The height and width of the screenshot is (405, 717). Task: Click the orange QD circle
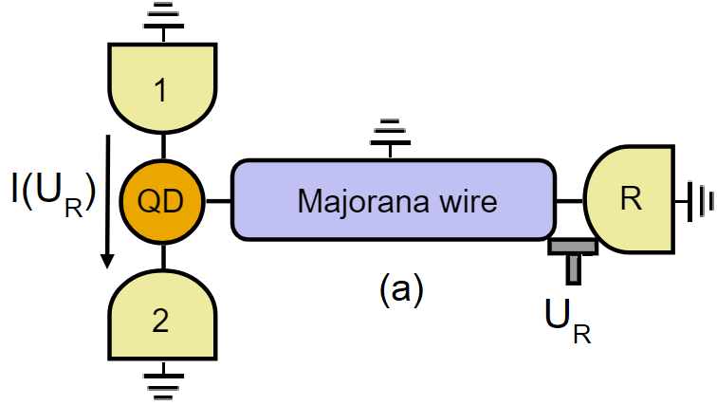tap(163, 200)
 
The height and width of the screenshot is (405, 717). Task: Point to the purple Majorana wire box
tap(393, 200)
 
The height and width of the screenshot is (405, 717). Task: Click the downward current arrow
tap(109, 200)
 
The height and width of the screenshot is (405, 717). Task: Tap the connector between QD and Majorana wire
tap(218, 200)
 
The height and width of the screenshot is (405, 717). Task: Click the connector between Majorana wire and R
tap(569, 200)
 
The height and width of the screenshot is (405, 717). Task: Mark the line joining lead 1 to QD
tap(163, 145)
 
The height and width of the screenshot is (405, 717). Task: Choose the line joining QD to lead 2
tap(163, 254)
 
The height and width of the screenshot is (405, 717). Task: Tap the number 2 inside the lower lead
tap(162, 322)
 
